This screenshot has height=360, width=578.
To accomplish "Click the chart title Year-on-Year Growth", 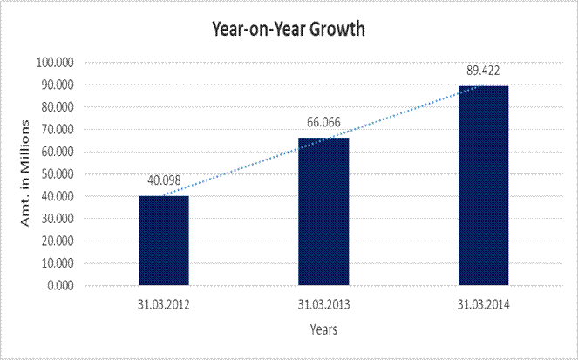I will click(x=288, y=28).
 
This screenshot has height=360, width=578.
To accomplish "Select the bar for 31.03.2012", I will click(x=163, y=240).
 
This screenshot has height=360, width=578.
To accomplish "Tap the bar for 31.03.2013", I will click(x=323, y=211).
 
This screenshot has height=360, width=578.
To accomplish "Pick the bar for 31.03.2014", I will click(x=483, y=185).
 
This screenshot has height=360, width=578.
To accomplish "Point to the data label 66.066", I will click(x=323, y=123).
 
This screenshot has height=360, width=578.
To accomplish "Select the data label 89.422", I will click(x=482, y=71).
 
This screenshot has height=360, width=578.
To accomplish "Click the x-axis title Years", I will click(x=323, y=330).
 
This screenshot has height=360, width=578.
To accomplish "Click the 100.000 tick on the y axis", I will click(x=54, y=63).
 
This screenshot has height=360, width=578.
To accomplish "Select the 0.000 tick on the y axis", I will click(x=59, y=285).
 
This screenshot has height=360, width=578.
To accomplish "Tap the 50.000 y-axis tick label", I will click(x=57, y=173).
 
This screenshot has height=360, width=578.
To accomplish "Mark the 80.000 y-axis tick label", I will click(x=57, y=107).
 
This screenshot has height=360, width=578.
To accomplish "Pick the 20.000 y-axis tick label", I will click(x=57, y=241).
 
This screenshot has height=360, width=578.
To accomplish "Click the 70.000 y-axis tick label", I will click(x=57, y=129).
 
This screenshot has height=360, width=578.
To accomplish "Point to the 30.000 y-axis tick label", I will click(x=57, y=218).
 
